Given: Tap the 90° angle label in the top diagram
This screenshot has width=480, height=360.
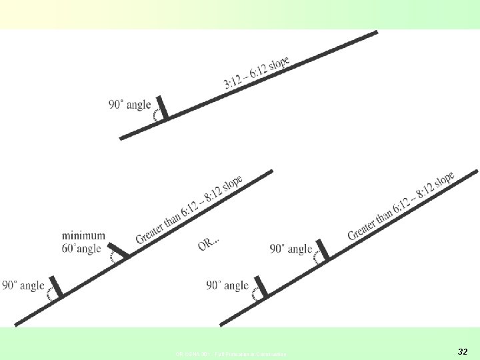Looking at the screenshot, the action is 129,105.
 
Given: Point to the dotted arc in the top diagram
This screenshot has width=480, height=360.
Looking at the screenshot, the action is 155,116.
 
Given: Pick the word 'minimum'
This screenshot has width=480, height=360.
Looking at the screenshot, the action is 83,235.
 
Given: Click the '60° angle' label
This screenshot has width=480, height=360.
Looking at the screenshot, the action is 81,249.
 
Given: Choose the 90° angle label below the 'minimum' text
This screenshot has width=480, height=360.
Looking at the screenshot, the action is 23,285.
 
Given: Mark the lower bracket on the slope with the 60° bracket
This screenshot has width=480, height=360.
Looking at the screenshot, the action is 56,286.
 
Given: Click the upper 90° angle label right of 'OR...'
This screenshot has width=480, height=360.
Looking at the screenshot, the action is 291,249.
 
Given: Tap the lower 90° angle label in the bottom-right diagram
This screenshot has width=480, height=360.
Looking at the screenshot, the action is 227,285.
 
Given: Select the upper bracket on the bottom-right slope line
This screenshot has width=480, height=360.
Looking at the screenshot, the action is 322,249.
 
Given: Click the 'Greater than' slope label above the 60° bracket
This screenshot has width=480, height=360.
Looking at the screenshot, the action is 189,210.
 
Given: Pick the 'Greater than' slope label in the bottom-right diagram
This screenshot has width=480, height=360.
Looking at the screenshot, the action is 401,205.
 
